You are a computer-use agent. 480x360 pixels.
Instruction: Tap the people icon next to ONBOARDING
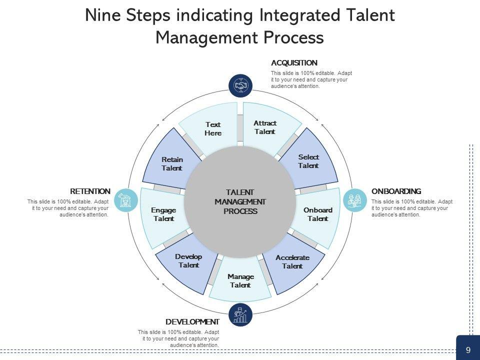[x=355, y=200]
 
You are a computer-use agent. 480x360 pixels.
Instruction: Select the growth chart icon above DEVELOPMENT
[x=240, y=315]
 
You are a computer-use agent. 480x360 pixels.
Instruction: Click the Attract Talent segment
[x=265, y=127]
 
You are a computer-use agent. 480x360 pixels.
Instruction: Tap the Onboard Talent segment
[x=318, y=214]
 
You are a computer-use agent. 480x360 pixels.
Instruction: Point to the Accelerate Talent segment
[x=292, y=262]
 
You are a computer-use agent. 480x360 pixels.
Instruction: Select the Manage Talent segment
[x=240, y=280]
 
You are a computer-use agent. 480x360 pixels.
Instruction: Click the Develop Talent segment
[x=188, y=261]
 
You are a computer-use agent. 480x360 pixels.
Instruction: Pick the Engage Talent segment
[x=163, y=214]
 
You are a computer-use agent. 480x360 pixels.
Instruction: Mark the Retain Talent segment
[x=171, y=163]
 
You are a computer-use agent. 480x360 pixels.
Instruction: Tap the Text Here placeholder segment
[x=212, y=128]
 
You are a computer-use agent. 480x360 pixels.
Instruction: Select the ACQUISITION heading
[x=294, y=63]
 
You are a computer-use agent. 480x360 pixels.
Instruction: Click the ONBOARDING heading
[x=396, y=191]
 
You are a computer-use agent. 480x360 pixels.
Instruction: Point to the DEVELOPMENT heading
[x=192, y=322]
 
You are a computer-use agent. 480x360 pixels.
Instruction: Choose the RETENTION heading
[x=90, y=191]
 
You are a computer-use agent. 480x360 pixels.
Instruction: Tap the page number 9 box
[x=468, y=350]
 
